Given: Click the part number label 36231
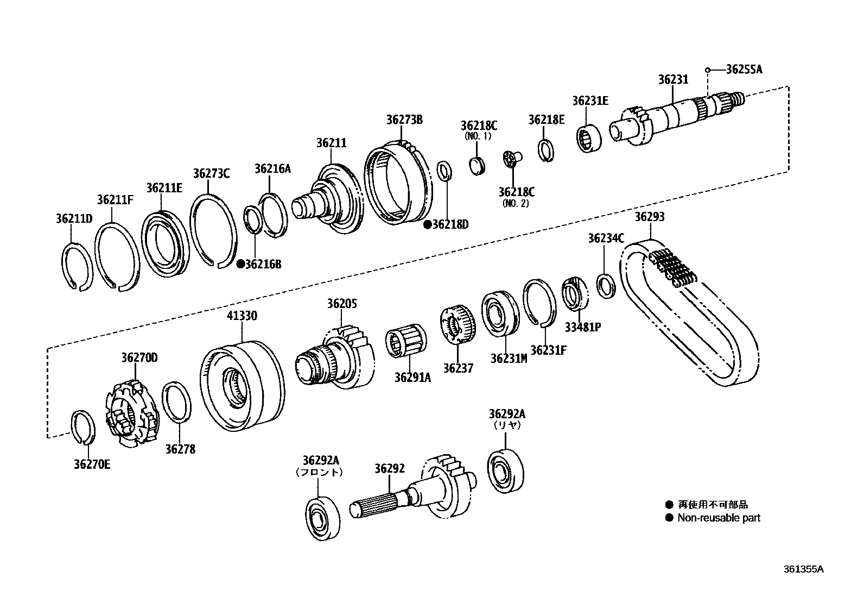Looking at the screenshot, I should click(673, 79).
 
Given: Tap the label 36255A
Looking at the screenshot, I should click(744, 70).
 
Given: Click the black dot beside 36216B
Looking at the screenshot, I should click(240, 264).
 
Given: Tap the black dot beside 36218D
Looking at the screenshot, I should click(428, 224).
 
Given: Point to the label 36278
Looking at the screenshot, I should click(180, 449).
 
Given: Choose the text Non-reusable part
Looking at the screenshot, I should click(719, 518).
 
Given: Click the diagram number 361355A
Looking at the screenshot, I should click(803, 569).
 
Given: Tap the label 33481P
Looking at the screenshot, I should click(582, 327).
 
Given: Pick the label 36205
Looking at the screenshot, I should click(342, 304).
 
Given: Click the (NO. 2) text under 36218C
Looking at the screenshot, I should click(516, 203).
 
